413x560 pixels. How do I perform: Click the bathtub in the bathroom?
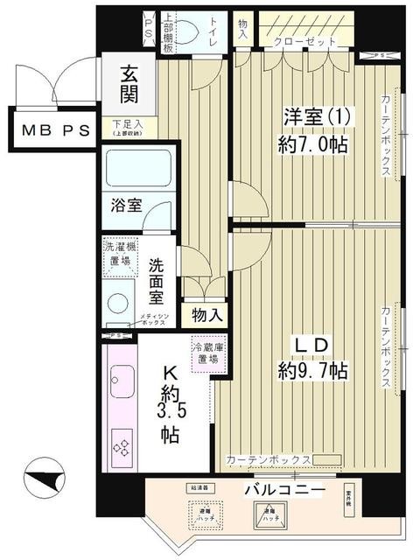click(x=137, y=168)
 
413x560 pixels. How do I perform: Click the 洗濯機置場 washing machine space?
click(x=119, y=255)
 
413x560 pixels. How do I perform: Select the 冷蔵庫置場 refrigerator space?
click(x=209, y=353)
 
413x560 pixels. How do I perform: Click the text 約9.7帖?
click(x=313, y=371)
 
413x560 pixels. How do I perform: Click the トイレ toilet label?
click(x=214, y=34)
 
